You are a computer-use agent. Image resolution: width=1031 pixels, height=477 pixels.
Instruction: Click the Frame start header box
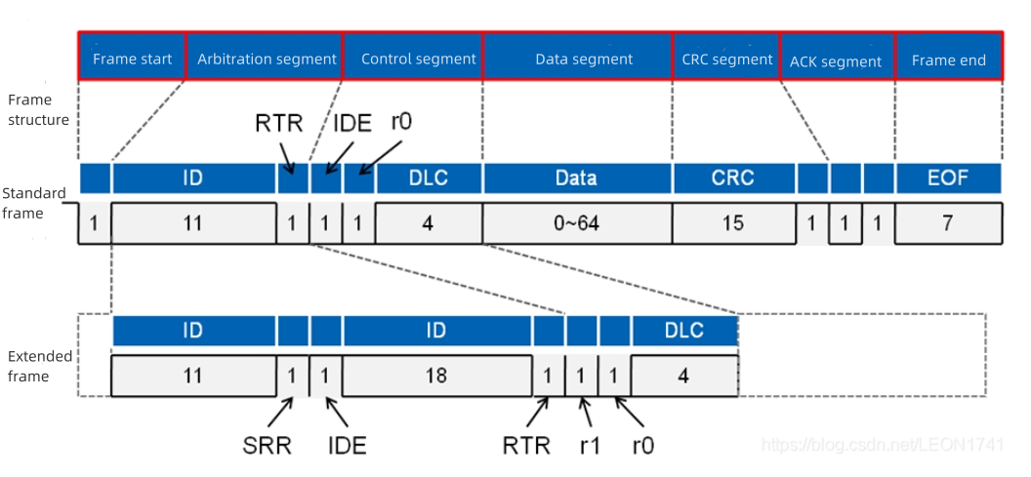coord(132,59)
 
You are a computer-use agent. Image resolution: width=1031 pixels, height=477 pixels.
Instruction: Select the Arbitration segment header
coord(266,59)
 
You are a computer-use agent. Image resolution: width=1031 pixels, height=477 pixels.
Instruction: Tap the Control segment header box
coord(417,59)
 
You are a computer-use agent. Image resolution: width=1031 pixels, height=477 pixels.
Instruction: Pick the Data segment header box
coord(583,59)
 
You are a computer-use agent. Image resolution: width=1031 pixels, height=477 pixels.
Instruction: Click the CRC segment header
coord(727,59)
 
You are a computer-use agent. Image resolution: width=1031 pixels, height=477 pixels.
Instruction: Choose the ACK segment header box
coord(836,60)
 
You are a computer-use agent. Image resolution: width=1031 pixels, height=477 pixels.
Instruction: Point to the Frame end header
coord(948,60)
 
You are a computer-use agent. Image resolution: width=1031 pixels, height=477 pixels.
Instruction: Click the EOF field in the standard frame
coord(948,178)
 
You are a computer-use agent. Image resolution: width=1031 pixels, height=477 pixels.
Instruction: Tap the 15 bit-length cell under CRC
coord(732,223)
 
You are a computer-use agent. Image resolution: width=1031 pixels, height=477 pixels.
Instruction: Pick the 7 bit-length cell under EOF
coord(948,223)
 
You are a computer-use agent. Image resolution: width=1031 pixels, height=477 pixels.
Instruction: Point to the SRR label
coord(267,446)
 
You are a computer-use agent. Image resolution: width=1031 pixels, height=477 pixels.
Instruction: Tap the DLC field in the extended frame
coord(683,331)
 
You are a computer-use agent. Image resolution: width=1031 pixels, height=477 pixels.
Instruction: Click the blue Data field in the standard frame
coord(576,178)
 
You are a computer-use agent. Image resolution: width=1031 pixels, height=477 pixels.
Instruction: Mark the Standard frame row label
coord(34,203)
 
